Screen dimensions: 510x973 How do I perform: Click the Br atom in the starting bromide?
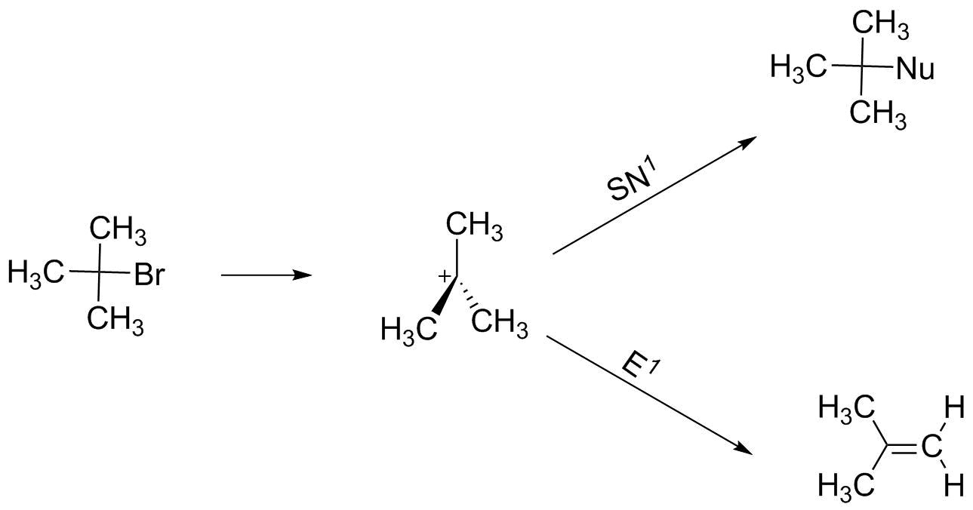(149, 275)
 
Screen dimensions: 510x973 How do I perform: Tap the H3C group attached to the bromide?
(35, 272)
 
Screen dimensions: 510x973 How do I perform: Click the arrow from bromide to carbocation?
(266, 275)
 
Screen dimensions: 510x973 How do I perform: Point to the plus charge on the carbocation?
(445, 278)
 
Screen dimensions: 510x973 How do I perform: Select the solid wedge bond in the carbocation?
(445, 300)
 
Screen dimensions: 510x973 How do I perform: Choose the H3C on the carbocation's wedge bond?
(408, 330)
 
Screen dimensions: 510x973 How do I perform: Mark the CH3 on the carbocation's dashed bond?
(499, 324)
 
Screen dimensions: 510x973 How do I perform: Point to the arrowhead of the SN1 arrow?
(748, 141)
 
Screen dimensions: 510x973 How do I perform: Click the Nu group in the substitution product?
(916, 69)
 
